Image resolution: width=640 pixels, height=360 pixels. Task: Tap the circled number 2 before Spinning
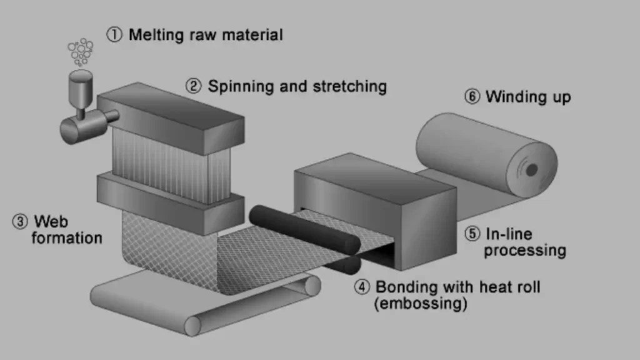tap(194, 86)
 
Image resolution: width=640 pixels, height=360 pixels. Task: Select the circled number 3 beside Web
tap(20, 221)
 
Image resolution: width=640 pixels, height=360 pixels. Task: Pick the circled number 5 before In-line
tap(472, 234)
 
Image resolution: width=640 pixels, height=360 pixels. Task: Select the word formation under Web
tap(66, 237)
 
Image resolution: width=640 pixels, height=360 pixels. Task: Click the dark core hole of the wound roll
tap(531, 169)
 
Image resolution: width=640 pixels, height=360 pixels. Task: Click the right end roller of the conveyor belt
tap(311, 286)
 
